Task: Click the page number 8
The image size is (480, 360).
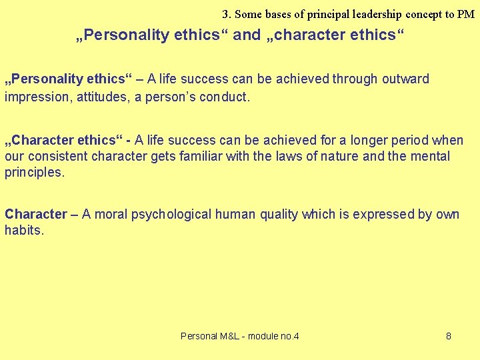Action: click(449, 336)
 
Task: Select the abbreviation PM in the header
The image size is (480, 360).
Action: click(467, 14)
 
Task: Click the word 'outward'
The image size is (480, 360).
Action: click(405, 79)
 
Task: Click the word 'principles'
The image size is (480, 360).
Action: click(34, 173)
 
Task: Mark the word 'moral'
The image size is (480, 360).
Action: click(111, 215)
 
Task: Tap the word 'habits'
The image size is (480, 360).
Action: click(24, 231)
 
